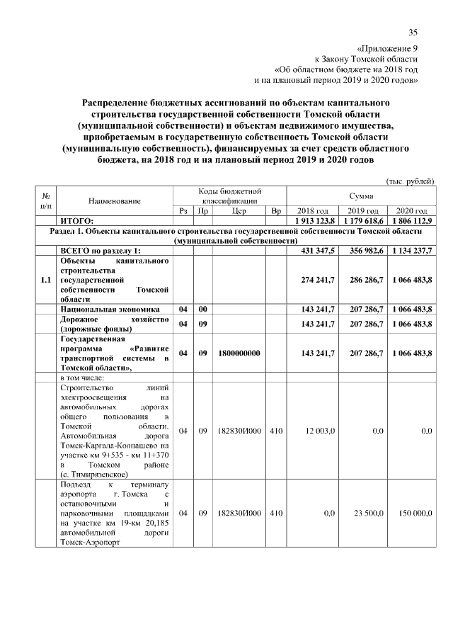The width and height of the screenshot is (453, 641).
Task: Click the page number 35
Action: (x=413, y=32)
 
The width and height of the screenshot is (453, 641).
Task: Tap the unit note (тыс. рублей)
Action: (x=409, y=181)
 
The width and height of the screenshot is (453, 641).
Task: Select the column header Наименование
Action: (x=115, y=201)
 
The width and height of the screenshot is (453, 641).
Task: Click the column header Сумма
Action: (x=361, y=196)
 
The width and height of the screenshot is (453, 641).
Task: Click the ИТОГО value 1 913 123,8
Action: (x=311, y=221)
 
